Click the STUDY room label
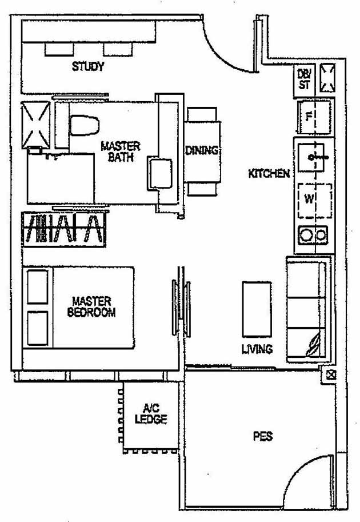tap(87, 67)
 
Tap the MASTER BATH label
tap(120, 152)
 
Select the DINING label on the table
tap(202, 151)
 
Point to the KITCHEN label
tap(269, 173)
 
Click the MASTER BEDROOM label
tap(91, 306)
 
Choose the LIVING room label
tap(257, 349)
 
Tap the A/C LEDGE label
tap(151, 414)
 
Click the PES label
tap(262, 437)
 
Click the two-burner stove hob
tap(314, 235)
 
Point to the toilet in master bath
tap(83, 125)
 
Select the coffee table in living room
tap(257, 309)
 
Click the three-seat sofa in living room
tap(307, 309)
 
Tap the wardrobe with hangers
tap(63, 230)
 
